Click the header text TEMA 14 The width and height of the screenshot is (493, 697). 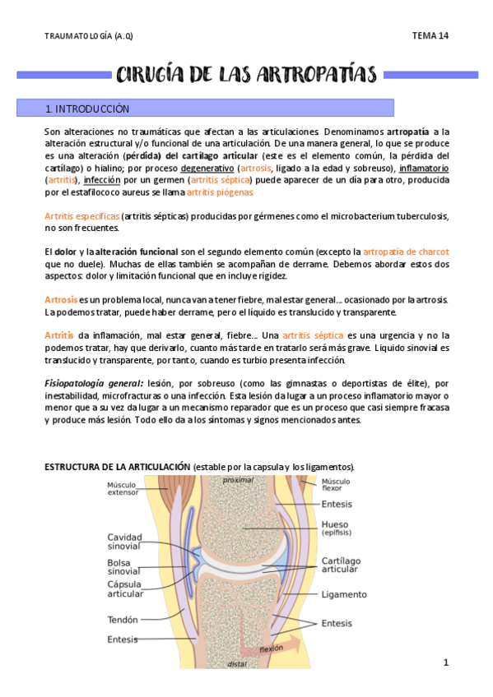(430, 36)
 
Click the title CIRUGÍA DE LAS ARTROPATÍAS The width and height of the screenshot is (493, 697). (246, 75)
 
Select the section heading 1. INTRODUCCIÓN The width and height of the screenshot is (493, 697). (88, 108)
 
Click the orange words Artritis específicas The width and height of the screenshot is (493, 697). (82, 216)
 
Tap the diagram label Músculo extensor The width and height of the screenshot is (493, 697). (123, 488)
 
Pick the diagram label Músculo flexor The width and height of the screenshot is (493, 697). (335, 485)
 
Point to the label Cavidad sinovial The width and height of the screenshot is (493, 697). (124, 542)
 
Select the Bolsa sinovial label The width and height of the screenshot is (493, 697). (123, 566)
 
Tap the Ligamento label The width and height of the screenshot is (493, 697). (344, 594)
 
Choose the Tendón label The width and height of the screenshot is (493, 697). (123, 620)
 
